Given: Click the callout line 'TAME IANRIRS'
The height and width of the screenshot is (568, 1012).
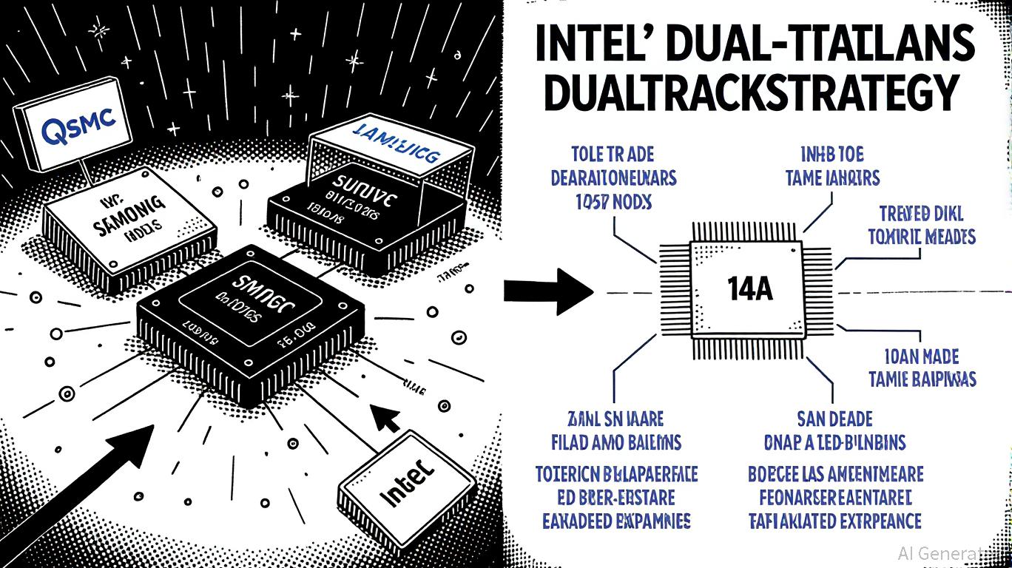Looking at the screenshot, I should [x=832, y=178].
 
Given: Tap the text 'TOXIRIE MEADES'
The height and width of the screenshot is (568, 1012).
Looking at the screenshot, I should [x=921, y=237].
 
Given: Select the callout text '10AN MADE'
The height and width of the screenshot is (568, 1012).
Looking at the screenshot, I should [x=922, y=356].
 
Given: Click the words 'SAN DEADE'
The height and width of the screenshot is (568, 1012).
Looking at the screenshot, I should [x=834, y=419].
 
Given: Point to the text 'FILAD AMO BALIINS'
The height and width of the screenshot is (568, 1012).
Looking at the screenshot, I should [x=617, y=442].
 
